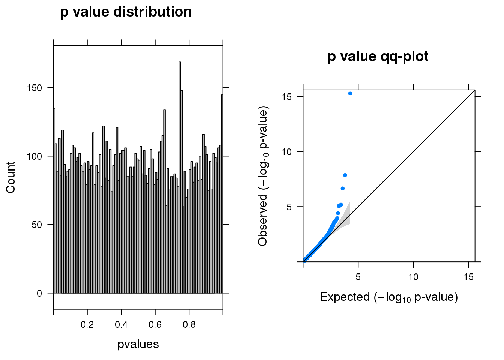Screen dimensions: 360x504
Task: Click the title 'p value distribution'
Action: pyautogui.click(x=126, y=12)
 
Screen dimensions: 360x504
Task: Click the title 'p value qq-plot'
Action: pyautogui.click(x=378, y=57)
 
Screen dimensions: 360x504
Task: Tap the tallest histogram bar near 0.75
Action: pyautogui.click(x=180, y=176)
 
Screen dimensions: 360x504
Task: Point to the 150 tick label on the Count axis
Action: pyautogui.click(x=34, y=88)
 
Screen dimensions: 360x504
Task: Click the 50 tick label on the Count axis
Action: pyautogui.click(x=37, y=225)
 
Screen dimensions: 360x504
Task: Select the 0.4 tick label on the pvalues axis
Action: pyautogui.click(x=121, y=325)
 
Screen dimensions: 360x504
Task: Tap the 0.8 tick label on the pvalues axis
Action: pyautogui.click(x=189, y=325)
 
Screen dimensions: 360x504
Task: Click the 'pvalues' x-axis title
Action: pyautogui.click(x=138, y=344)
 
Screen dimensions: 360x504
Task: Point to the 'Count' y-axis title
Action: pyautogui.click(x=10, y=177)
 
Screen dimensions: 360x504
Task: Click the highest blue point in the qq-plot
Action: pyautogui.click(x=350, y=93)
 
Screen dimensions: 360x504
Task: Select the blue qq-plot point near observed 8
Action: pyautogui.click(x=345, y=175)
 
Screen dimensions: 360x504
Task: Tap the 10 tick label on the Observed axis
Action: pyautogui.click(x=287, y=152)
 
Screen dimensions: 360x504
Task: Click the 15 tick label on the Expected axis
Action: pyautogui.click(x=468, y=277)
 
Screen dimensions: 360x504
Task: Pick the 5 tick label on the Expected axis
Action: pyautogui.click(x=358, y=277)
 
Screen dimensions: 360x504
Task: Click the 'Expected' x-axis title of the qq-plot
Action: pyautogui.click(x=389, y=297)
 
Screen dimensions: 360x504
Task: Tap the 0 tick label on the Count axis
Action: pyautogui.click(x=39, y=294)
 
